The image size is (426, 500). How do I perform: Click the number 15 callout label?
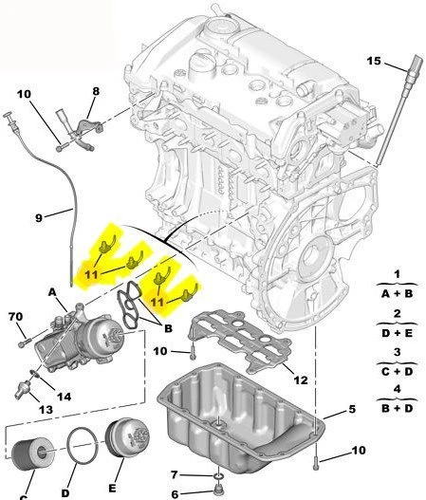[374, 62]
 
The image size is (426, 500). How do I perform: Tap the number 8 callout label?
[95, 92]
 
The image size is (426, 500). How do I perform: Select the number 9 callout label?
[40, 217]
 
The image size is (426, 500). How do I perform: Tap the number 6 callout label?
[174, 493]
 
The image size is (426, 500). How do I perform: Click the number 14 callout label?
[63, 398]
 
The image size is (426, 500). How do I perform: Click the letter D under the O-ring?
[65, 491]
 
